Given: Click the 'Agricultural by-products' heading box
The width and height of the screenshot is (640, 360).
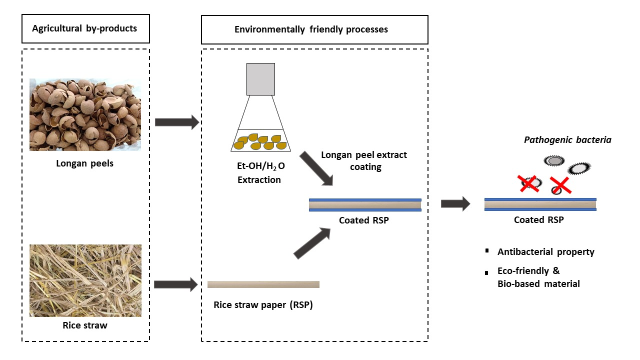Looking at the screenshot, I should (85, 28).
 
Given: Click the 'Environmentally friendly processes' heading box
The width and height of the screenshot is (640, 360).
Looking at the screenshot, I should (314, 29).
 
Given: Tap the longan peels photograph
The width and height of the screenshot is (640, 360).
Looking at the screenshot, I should (85, 114).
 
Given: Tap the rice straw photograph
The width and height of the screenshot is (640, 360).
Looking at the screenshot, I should (85, 280).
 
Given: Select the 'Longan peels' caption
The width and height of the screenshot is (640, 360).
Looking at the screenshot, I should (85, 163).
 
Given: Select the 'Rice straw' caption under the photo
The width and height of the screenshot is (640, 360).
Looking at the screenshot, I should (85, 325).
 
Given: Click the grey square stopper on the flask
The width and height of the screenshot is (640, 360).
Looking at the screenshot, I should (260, 79).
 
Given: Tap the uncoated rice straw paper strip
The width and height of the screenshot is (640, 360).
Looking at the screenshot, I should (263, 284).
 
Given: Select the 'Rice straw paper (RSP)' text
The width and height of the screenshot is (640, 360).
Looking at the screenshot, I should (263, 304).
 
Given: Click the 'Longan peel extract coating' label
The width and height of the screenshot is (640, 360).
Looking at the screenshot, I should (364, 160).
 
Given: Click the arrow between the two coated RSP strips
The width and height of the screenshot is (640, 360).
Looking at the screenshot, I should (455, 203).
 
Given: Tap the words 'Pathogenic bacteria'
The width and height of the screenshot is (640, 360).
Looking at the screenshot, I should (567, 140).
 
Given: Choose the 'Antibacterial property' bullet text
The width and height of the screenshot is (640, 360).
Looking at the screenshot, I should (546, 251).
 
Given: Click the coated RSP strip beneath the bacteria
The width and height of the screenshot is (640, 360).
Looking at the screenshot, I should (540, 204).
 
